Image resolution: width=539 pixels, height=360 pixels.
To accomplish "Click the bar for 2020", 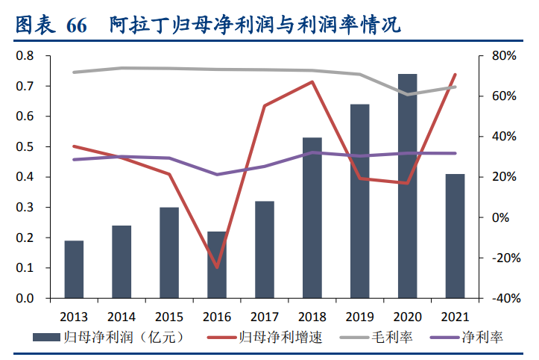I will pos(407,186).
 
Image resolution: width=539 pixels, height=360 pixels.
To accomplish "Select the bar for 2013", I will pos(74,270).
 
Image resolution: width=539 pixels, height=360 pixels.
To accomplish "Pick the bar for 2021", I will pos(455,236).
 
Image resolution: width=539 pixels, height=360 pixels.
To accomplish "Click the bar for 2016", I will pos(217,265).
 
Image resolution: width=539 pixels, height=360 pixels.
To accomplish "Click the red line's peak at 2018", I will pos(312,81).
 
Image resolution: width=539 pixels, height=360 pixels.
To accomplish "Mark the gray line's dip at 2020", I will pos(407,95).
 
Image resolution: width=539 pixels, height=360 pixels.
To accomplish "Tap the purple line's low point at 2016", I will pos(217,175).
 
